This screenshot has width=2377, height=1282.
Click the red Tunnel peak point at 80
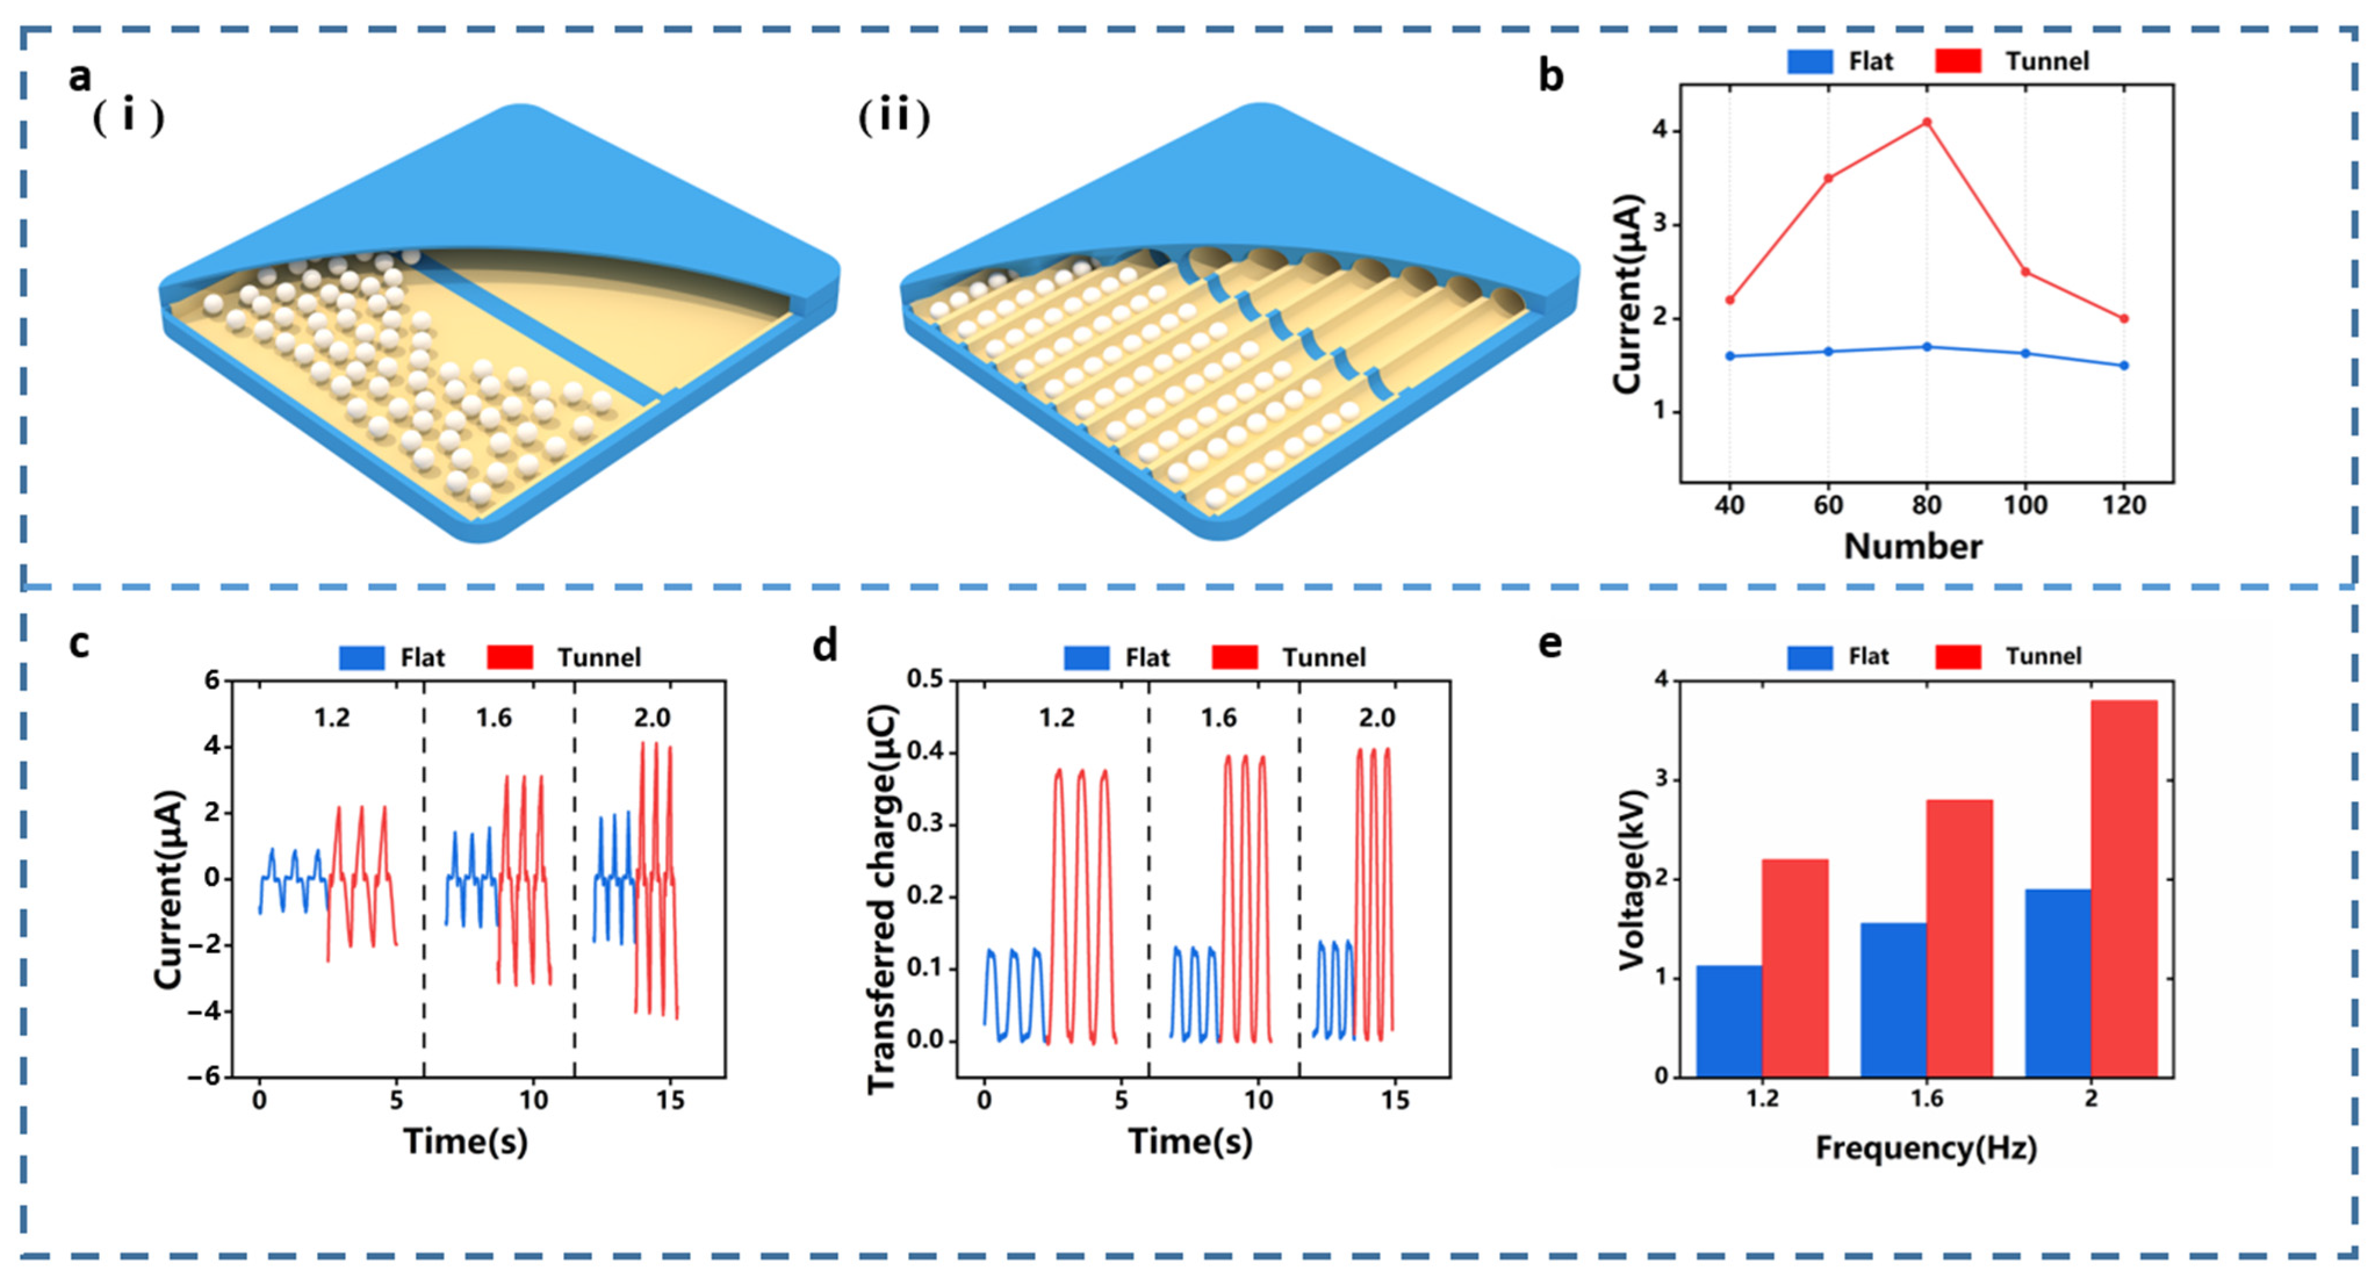click(x=1926, y=122)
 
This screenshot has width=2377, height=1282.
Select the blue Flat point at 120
click(x=2124, y=365)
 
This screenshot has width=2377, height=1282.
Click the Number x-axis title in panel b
click(x=1913, y=546)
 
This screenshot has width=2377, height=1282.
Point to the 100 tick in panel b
click(x=2025, y=506)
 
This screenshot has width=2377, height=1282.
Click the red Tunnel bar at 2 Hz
click(x=2124, y=888)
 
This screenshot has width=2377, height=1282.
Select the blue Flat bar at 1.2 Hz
click(x=1728, y=1021)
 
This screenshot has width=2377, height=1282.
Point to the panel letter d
click(x=824, y=645)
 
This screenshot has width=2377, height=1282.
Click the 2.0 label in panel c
click(x=653, y=717)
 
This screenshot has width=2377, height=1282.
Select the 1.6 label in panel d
click(x=1218, y=717)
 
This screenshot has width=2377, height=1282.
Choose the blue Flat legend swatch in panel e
click(x=1810, y=656)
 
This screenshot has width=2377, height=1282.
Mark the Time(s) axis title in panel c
click(x=466, y=1141)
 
